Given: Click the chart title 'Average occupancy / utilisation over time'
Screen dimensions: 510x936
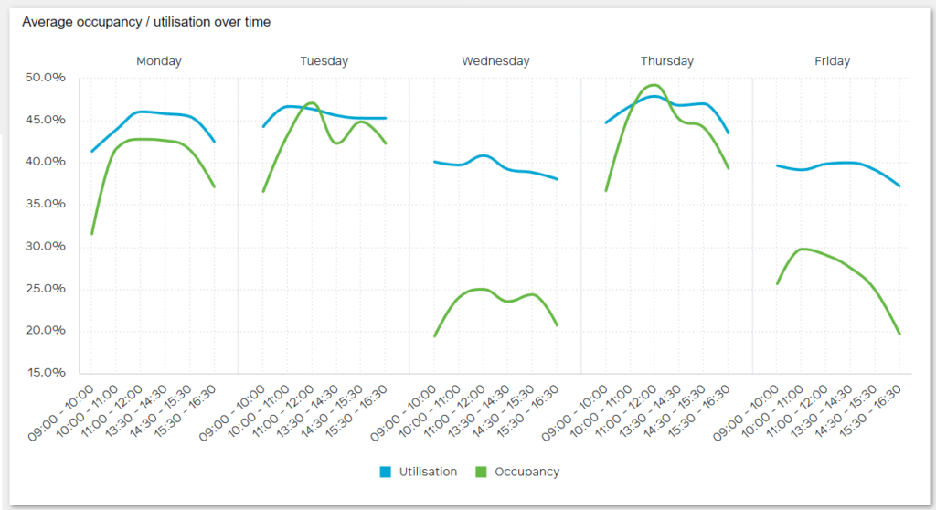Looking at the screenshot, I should (x=146, y=21).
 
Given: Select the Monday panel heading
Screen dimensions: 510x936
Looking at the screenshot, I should (x=159, y=61).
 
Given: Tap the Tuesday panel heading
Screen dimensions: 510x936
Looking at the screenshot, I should (x=324, y=61).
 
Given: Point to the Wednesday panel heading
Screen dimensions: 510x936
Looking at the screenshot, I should (x=495, y=61).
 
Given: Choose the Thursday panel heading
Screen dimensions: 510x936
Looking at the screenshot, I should (x=666, y=61).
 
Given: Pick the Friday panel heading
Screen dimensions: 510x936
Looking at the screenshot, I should (x=832, y=61).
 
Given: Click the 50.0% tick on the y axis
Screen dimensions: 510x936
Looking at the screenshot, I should (x=47, y=78).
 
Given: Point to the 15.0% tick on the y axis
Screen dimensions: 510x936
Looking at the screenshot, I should (x=47, y=373).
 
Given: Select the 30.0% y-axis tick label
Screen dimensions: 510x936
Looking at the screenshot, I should (x=47, y=246).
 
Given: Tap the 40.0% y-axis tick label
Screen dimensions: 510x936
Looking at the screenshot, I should (x=47, y=162).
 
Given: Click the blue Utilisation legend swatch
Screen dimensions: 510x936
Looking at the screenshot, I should (x=386, y=472).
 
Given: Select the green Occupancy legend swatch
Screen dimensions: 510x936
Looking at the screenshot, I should (x=482, y=472).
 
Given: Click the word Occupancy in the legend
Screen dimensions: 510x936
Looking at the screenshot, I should (x=526, y=472).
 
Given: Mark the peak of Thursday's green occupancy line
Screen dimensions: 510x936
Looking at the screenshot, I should (x=654, y=85).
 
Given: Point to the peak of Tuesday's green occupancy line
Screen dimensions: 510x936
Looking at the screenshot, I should (x=312, y=102).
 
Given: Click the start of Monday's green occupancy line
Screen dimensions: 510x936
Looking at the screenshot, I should (x=91, y=234).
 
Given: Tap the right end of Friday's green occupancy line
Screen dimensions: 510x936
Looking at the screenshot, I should (x=899, y=334).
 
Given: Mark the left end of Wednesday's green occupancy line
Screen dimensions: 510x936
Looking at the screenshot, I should (x=434, y=336).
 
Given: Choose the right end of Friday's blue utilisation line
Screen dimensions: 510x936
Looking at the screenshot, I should (x=899, y=186).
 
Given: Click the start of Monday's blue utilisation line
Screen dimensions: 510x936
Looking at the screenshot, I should (x=91, y=151).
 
